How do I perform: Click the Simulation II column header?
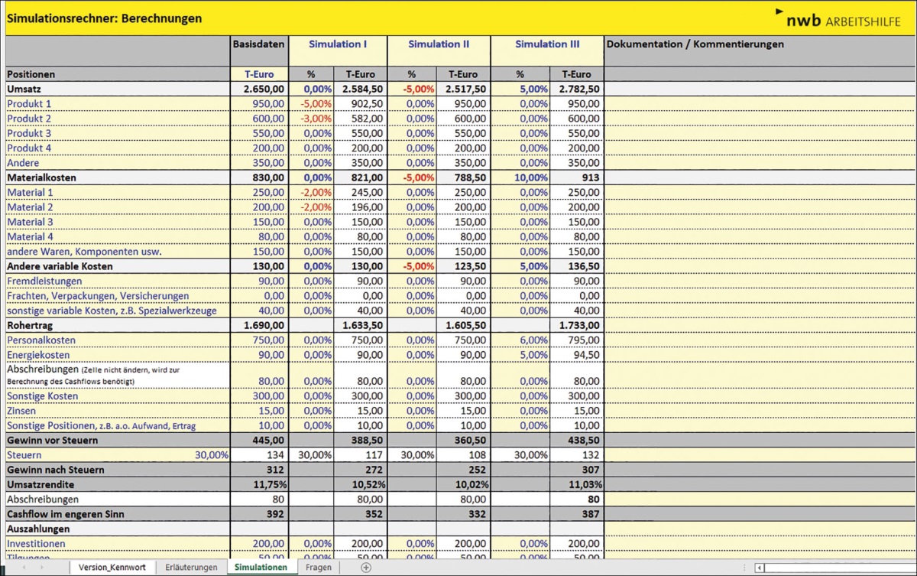pyautogui.click(x=439, y=44)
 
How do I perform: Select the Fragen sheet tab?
pyautogui.click(x=319, y=568)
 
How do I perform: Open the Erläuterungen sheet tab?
pyautogui.click(x=191, y=568)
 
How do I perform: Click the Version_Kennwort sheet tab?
pyautogui.click(x=113, y=568)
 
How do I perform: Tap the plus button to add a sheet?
pyautogui.click(x=366, y=568)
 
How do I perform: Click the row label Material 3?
pyautogui.click(x=30, y=222)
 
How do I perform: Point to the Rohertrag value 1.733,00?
pyautogui.click(x=579, y=326)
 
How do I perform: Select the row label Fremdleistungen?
pyautogui.click(x=44, y=281)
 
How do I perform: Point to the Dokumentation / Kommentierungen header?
pyautogui.click(x=695, y=44)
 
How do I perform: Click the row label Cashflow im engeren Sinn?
pyautogui.click(x=65, y=514)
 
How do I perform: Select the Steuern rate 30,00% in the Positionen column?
pyautogui.click(x=211, y=455)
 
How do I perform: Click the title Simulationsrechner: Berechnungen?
pyautogui.click(x=105, y=18)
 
